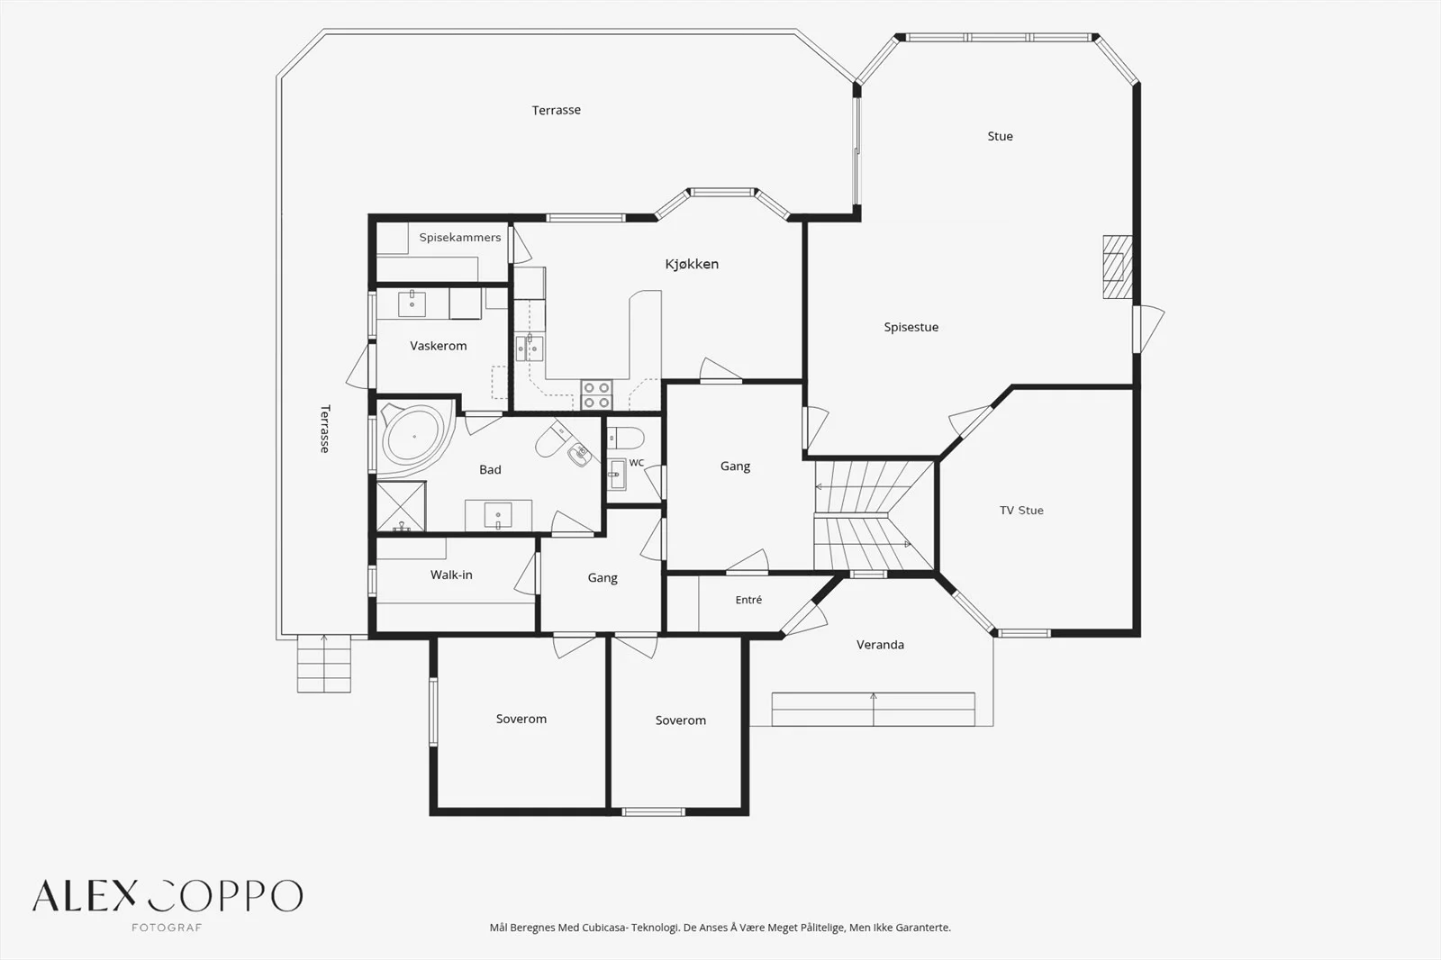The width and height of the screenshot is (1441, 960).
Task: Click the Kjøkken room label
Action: pos(692,264)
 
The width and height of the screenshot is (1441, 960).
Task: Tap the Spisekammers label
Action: pos(460,238)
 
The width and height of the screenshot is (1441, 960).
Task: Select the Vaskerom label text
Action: pos(438,346)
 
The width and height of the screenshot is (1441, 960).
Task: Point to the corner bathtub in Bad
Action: pos(413,439)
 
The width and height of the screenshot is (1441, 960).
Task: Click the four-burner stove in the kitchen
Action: pos(595,395)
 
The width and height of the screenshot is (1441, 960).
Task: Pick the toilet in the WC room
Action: pos(625,439)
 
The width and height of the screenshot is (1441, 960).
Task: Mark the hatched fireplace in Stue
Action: pos(1118,267)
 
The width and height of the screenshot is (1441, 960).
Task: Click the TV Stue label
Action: pos(1021,511)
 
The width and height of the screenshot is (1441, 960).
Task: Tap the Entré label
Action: pos(748,600)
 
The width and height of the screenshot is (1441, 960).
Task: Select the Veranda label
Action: pos(880,645)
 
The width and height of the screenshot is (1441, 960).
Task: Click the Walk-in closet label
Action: pos(451,575)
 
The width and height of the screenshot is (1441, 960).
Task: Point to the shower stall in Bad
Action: pos(401,507)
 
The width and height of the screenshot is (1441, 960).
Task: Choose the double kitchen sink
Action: pos(529,349)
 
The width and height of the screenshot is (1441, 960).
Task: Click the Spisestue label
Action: pos(911,327)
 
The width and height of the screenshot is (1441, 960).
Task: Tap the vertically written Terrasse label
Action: pos(325,429)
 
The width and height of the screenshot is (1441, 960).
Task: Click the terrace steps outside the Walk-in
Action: pos(323,664)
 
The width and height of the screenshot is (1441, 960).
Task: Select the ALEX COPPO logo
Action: pos(168,896)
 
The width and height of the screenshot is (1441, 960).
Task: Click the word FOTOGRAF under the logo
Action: pos(168,928)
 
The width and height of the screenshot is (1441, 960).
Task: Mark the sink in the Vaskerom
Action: pos(412,303)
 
